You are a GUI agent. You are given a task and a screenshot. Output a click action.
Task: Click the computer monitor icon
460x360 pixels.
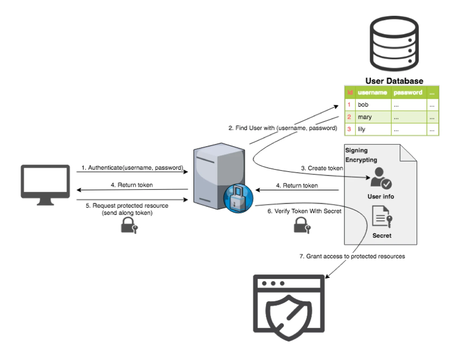pos(45,184)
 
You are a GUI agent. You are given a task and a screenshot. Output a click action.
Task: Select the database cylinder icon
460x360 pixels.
pos(394,44)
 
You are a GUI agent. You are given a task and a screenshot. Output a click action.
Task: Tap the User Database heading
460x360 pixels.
pos(394,81)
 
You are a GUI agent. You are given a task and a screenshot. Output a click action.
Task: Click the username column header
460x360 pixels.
pos(372,93)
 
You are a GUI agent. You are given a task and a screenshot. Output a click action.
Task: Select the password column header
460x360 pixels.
pos(408,93)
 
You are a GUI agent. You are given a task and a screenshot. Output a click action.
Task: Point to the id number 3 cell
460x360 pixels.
pos(349,129)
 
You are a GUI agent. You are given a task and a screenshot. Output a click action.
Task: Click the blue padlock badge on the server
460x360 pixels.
pos(238,198)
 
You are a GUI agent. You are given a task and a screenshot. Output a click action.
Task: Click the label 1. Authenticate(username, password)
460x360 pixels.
pos(132,168)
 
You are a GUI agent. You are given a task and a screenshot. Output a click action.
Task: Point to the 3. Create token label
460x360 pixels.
pos(322,168)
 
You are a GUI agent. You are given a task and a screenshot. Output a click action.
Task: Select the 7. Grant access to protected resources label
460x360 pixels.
pos(352,256)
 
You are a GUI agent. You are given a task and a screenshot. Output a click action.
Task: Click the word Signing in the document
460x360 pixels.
pos(356,150)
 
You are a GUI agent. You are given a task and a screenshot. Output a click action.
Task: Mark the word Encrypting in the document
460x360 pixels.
pos(361,160)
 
